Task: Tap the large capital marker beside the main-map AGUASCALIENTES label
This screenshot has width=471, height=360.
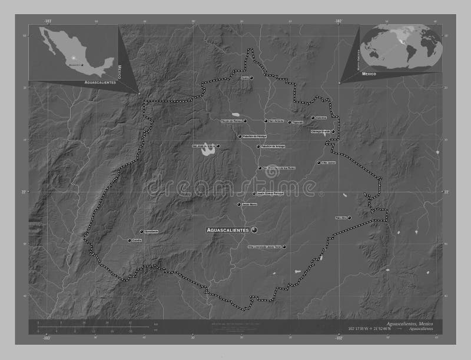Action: point(254,229)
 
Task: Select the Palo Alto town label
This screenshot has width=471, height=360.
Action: point(341,218)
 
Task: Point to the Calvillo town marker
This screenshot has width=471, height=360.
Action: point(130,240)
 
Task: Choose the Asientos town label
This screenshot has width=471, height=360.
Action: point(321,118)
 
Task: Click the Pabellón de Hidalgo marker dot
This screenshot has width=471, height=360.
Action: point(240,136)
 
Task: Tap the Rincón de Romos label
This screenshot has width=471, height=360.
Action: point(231,121)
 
